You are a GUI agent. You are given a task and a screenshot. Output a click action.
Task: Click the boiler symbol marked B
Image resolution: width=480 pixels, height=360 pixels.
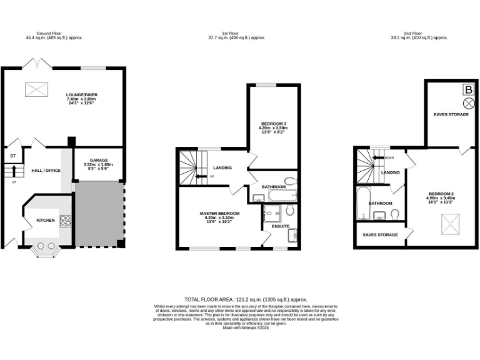[467, 89]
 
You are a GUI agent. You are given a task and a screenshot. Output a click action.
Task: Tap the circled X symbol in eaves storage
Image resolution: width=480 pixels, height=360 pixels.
[467, 103]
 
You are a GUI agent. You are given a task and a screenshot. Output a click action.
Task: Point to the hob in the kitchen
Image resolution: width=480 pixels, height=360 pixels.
[66, 221]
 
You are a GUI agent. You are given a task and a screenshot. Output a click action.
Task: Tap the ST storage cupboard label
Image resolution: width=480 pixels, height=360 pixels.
[12, 156]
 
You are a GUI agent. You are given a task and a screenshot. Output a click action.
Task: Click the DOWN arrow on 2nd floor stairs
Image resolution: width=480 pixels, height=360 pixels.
[378, 158]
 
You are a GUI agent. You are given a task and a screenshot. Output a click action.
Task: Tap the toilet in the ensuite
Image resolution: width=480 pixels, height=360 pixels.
[289, 211]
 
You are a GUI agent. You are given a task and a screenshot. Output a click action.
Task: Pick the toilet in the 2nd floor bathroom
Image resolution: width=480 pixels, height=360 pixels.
[396, 214]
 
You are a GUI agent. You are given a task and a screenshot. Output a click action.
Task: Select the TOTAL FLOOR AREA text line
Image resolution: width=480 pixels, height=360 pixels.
[246, 300]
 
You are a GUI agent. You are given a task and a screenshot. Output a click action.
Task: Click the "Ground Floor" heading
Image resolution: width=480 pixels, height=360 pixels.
[50, 34]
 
